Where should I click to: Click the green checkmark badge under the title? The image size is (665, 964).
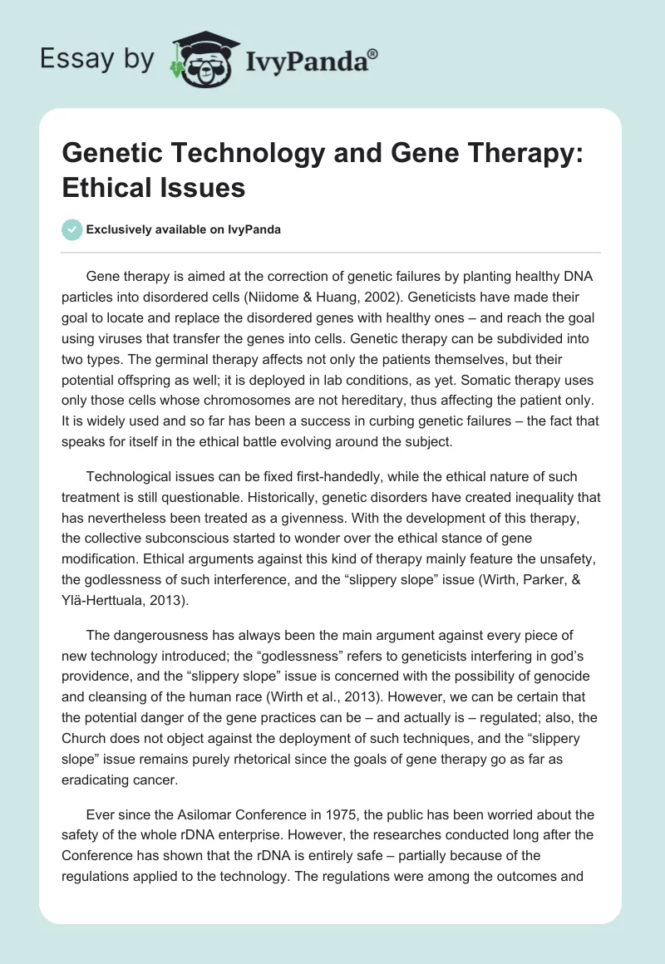pos(72,229)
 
